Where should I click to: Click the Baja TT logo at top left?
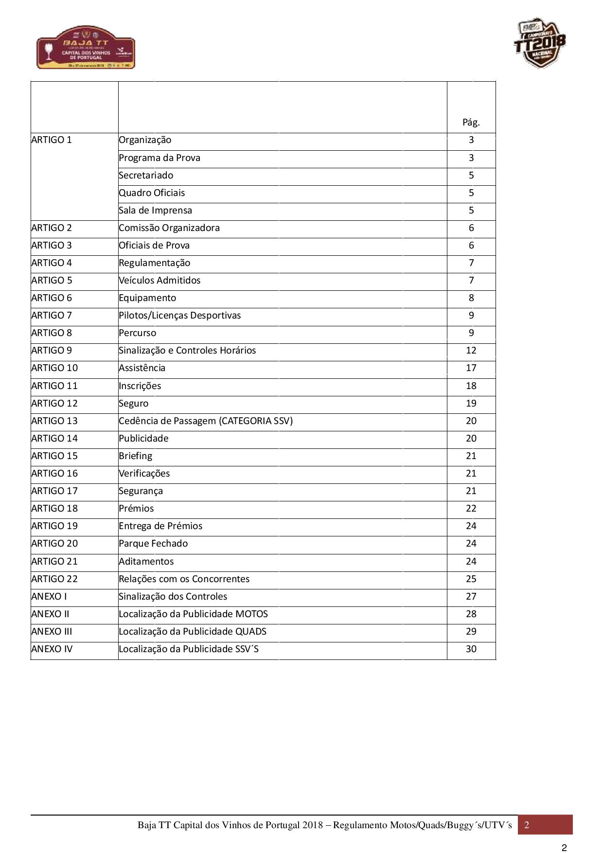[x=86, y=47]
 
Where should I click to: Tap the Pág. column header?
[x=471, y=122]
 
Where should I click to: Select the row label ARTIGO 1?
[x=52, y=140]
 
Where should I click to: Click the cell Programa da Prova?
[x=160, y=158]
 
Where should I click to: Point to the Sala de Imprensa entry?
[x=155, y=211]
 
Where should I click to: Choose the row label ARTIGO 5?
[x=52, y=281]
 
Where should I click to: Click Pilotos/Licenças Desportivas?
[x=179, y=316]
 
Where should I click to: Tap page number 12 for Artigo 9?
[x=471, y=351]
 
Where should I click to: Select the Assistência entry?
[x=142, y=368]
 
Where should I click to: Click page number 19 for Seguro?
[x=471, y=404]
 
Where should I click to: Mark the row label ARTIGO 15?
[x=54, y=456]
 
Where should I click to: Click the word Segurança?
[x=141, y=491]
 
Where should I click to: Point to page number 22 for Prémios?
[x=471, y=509]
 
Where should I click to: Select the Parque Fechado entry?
[x=153, y=544]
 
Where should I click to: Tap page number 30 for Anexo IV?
[x=471, y=649]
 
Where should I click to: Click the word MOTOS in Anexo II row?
[x=251, y=614]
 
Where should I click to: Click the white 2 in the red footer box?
[x=527, y=825]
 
